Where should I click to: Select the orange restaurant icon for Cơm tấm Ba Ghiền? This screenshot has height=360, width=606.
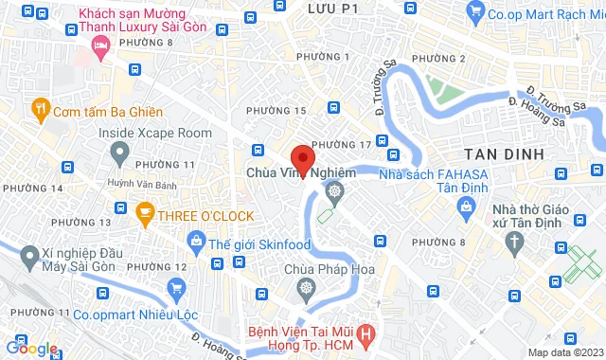click(x=40, y=108)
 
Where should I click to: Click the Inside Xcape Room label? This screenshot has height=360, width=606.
click(x=155, y=133)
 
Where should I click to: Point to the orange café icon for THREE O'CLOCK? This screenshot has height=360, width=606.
click(x=145, y=215)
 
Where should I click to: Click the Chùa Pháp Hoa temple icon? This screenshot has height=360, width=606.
click(x=306, y=288)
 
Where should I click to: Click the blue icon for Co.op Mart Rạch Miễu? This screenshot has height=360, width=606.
click(x=477, y=14)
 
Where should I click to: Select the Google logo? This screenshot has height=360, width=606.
click(x=32, y=349)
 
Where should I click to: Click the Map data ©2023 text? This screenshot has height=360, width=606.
click(x=563, y=352)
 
